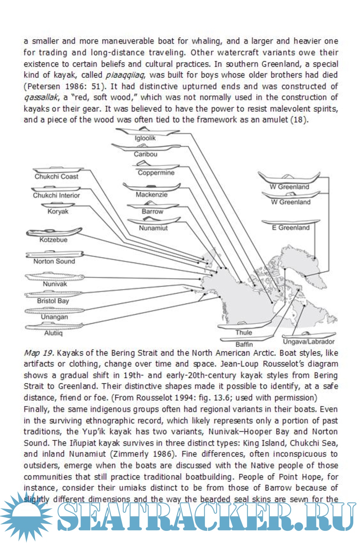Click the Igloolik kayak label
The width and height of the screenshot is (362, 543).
(145, 138)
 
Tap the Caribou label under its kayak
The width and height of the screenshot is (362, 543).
(145, 154)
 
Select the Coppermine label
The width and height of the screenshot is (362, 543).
(156, 173)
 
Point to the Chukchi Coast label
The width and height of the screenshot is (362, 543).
(56, 177)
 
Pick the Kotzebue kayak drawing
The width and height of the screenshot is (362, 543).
(54, 232)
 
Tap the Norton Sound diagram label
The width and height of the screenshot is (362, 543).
(54, 261)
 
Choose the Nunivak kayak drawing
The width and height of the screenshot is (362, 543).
(55, 276)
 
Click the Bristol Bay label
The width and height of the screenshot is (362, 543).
(53, 301)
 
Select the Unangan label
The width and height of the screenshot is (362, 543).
(54, 317)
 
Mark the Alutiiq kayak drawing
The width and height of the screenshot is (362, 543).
(54, 326)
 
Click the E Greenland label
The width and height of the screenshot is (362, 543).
(290, 228)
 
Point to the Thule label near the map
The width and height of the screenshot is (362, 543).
(243, 333)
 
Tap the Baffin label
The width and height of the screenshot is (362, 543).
(244, 345)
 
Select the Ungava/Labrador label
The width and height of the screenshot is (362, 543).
(309, 342)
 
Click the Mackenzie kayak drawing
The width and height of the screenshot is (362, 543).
(152, 187)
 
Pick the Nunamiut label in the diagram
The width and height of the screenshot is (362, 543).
(153, 228)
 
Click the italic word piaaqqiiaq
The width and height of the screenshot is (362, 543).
(125, 75)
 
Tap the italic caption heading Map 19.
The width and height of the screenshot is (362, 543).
(39, 353)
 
